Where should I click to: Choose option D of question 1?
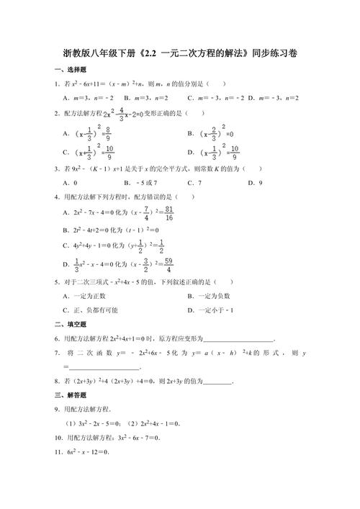tap(274, 98)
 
